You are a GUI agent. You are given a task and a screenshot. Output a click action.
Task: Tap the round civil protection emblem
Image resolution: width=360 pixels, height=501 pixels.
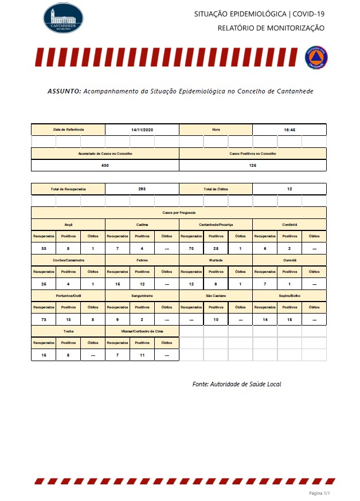click(316, 57)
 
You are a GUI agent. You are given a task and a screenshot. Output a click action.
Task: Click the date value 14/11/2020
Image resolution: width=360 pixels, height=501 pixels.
click(142, 130)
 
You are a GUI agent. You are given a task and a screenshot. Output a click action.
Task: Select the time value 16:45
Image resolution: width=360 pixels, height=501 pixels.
click(289, 130)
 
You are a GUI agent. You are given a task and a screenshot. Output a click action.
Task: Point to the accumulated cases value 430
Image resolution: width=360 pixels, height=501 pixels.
click(105, 165)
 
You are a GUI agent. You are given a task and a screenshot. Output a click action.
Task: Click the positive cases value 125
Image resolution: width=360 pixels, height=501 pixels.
click(253, 165)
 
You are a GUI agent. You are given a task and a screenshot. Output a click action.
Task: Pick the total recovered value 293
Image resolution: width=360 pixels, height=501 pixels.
click(142, 189)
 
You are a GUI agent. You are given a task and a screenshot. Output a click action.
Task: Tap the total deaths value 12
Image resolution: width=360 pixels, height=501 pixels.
click(289, 189)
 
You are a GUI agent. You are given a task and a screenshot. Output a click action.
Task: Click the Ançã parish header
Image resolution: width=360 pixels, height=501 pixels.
click(68, 224)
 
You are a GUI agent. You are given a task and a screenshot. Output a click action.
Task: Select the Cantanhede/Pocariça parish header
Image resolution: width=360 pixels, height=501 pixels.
click(216, 224)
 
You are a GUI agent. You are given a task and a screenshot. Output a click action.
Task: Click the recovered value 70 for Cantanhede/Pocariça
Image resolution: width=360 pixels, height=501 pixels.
click(191, 248)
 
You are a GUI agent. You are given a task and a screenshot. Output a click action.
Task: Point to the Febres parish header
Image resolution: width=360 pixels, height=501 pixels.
click(142, 260)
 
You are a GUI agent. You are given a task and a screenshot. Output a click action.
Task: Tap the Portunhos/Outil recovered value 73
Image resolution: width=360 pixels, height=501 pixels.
click(44, 319)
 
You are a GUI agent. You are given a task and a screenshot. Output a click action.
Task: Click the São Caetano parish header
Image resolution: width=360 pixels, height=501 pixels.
click(216, 295)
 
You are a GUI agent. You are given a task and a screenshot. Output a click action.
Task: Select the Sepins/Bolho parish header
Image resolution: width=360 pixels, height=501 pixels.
click(289, 295)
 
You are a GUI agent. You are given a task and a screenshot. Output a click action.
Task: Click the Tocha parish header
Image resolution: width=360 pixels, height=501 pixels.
click(68, 331)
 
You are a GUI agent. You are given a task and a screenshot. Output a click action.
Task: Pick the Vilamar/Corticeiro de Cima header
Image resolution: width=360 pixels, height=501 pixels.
click(142, 331)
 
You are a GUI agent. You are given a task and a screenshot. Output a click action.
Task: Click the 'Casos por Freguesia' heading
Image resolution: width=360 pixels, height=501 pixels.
click(179, 212)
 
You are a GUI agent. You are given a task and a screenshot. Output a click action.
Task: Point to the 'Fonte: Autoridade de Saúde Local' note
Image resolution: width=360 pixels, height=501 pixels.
click(237, 384)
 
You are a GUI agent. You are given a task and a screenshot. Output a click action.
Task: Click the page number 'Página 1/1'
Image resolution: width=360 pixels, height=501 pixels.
click(320, 493)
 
